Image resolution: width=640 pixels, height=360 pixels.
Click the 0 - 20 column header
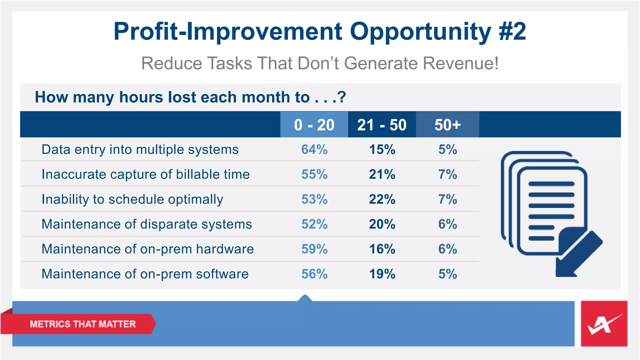coord(314,125)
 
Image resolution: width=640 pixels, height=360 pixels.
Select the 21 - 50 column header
coord(382,125)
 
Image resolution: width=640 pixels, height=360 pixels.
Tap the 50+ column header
coord(447,125)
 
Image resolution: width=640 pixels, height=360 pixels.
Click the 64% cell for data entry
coord(314,149)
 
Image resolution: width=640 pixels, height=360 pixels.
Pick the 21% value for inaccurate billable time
coord(382,174)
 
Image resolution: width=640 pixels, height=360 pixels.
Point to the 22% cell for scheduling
coord(382,199)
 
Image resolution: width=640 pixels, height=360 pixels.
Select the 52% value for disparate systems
coord(314,224)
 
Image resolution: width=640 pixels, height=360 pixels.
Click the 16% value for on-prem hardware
coord(382,249)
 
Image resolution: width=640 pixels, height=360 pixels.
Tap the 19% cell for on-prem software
coord(382,274)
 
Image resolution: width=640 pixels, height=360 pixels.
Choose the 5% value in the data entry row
coord(447,149)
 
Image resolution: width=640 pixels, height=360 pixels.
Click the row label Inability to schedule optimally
coord(132,199)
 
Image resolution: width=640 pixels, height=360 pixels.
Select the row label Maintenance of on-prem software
coord(145,274)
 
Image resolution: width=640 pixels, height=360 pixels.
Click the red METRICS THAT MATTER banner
coord(82,324)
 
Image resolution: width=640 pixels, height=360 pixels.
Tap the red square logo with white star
coord(604,324)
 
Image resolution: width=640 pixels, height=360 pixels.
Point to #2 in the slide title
coord(512,32)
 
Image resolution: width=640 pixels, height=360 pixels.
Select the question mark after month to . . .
coord(342,97)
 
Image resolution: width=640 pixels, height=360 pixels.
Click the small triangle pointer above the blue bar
coord(305,298)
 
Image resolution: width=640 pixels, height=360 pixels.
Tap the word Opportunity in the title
coord(421,32)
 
